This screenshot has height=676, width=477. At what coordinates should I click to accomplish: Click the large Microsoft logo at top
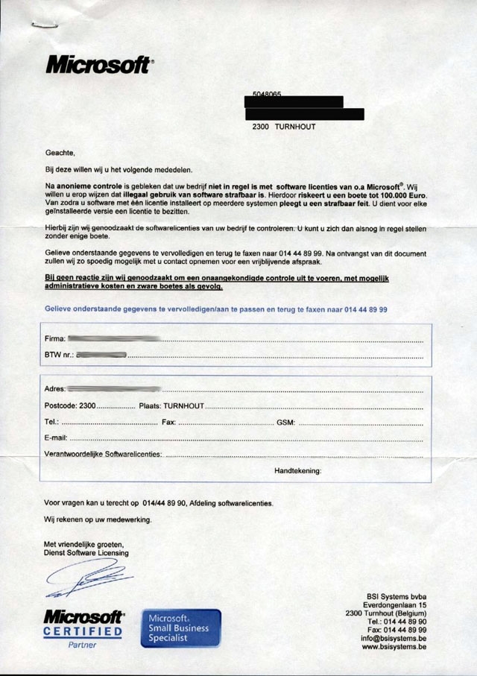point(99,65)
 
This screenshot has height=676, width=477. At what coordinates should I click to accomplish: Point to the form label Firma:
point(55,338)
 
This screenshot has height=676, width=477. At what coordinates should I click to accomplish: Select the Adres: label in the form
point(56,389)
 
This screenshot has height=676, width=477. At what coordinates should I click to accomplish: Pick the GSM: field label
point(286,423)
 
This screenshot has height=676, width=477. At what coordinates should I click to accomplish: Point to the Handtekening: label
point(298,471)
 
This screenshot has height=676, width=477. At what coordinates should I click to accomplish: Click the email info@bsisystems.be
point(394,638)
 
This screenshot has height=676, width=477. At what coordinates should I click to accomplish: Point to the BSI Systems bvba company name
point(397,595)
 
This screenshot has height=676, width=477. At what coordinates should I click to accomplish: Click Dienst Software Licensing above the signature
point(86,553)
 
